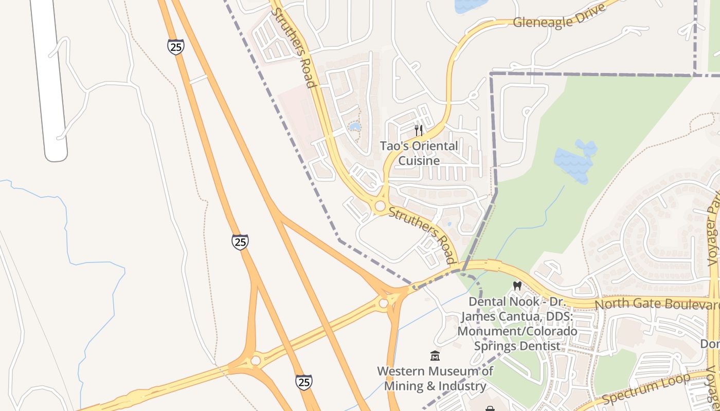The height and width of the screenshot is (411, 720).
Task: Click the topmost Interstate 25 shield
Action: point(175,47)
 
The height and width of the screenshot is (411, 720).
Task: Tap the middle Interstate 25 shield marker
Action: point(240,241)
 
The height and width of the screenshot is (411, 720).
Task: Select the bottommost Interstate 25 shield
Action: point(303,382)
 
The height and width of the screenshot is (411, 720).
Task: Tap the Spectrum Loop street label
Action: point(645,389)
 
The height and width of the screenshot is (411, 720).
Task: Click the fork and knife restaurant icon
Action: point(419,130)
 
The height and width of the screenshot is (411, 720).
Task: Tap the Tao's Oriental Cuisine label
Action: point(419,153)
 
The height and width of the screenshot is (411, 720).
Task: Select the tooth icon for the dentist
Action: point(517,286)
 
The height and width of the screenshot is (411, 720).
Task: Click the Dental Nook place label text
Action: point(517,324)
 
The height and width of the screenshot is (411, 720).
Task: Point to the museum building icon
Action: point(435,356)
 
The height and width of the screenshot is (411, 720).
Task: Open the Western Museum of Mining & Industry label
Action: point(435,379)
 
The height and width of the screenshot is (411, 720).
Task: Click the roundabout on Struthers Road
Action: point(380,206)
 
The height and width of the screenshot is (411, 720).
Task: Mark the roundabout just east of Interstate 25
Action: point(383,303)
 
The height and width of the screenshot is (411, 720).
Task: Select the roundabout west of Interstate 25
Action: point(256,361)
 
